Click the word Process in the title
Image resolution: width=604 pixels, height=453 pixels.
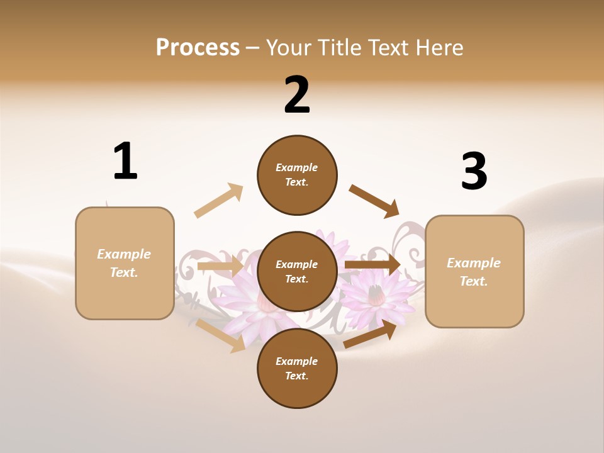[x=198, y=47]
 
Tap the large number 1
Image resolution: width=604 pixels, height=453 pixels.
[x=125, y=161]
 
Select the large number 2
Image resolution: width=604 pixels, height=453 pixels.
[x=297, y=95]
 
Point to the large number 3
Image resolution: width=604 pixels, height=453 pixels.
[x=474, y=171]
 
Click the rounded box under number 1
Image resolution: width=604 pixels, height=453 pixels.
[x=125, y=263]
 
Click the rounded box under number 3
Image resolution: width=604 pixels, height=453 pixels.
[x=474, y=271]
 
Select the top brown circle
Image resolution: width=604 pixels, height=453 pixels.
[x=297, y=175]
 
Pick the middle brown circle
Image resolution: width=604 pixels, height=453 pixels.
[x=297, y=271]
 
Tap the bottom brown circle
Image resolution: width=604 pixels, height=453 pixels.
[x=297, y=368]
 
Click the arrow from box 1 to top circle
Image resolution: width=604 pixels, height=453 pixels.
[x=218, y=201]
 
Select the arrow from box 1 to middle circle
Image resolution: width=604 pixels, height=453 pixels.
[x=220, y=267]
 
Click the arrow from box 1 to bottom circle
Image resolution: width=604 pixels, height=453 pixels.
[x=220, y=335]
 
